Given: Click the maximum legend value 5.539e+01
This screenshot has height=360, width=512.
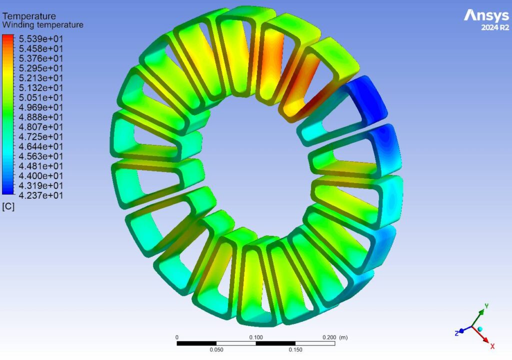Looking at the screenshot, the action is pos(41,39).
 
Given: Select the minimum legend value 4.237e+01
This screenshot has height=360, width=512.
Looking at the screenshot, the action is pos(41,195).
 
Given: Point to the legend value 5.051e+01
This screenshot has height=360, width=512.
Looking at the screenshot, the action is pos(41,97).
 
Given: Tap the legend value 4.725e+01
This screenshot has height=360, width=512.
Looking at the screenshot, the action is pos(41,136).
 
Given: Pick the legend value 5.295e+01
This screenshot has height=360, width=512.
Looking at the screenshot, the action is pos(41,68).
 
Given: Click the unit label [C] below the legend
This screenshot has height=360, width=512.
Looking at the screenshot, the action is pos(8,206).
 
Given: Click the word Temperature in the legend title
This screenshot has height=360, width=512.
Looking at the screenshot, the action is pos(29,16).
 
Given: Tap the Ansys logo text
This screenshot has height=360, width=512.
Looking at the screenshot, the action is pos(486,15).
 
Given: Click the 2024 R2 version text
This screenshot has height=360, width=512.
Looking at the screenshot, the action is pos(495,28).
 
